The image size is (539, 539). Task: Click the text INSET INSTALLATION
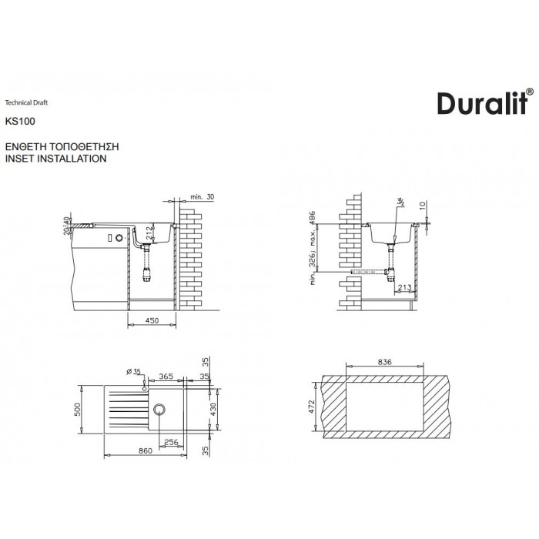(55, 158)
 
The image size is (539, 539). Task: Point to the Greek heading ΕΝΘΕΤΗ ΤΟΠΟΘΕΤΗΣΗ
(62, 146)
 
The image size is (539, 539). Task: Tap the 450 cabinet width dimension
(151, 320)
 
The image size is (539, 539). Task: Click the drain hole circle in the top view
(160, 408)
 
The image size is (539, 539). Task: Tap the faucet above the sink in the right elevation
(399, 203)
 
